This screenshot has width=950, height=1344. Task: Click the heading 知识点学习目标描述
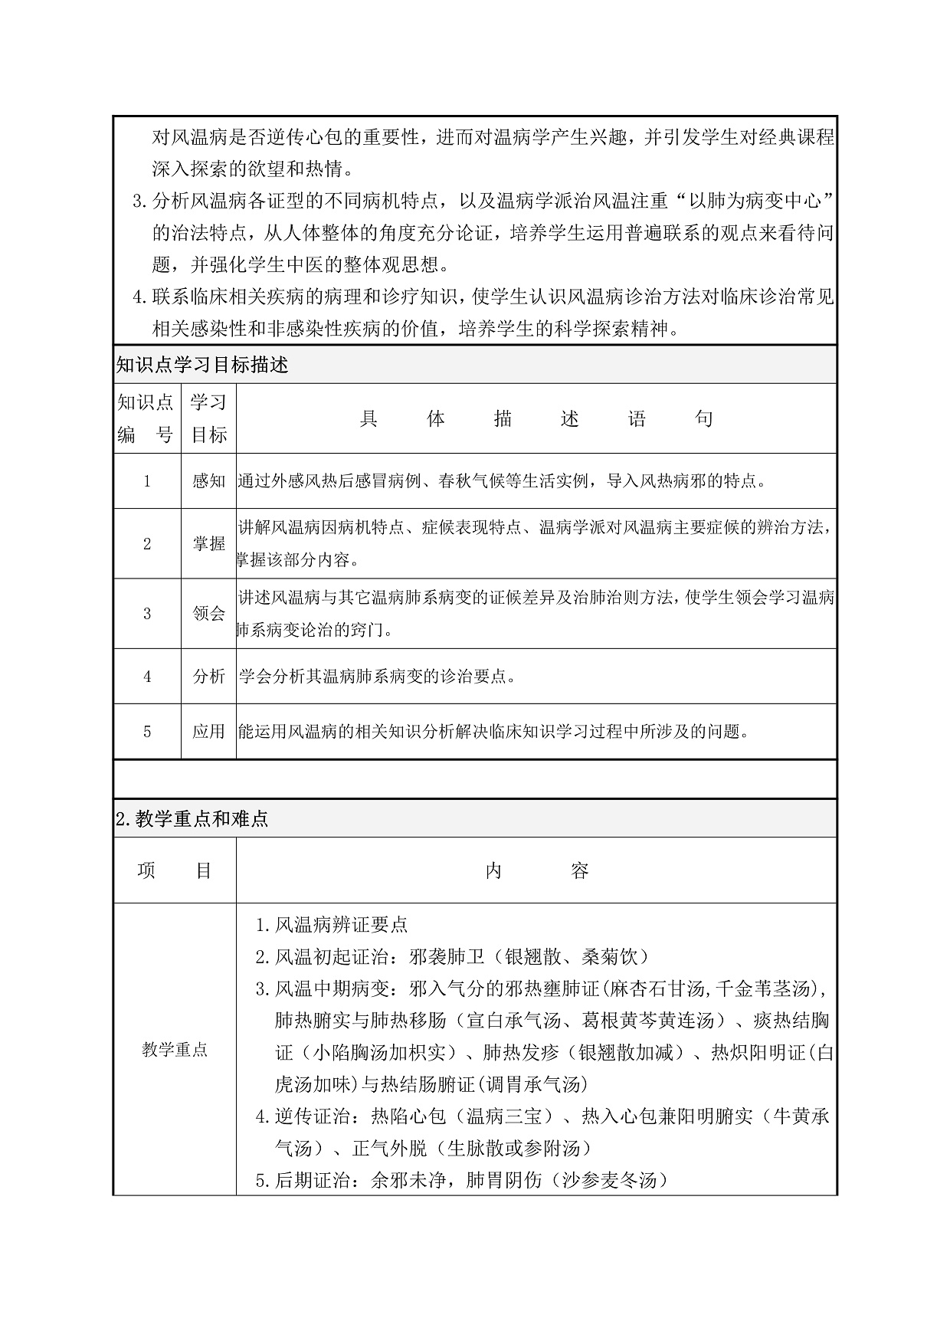(x=202, y=366)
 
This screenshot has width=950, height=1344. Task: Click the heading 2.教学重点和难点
(x=192, y=819)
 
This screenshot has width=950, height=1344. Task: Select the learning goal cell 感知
(x=208, y=481)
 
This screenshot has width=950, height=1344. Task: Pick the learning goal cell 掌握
(x=208, y=544)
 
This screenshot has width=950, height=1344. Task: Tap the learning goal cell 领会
(x=208, y=614)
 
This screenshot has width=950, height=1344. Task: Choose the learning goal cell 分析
(x=208, y=677)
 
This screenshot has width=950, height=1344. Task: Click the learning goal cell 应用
(x=208, y=732)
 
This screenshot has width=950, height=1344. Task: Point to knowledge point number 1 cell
(x=147, y=481)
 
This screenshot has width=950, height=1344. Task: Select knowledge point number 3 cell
(x=147, y=614)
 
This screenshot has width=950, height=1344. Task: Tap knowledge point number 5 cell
(x=147, y=732)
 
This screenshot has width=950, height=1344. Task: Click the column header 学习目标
(x=208, y=418)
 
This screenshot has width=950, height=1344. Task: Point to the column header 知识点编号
(x=146, y=418)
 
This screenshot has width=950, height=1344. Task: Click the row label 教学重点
(x=175, y=1050)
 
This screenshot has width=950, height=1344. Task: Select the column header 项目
(x=175, y=871)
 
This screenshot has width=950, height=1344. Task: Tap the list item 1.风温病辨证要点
(x=331, y=925)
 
